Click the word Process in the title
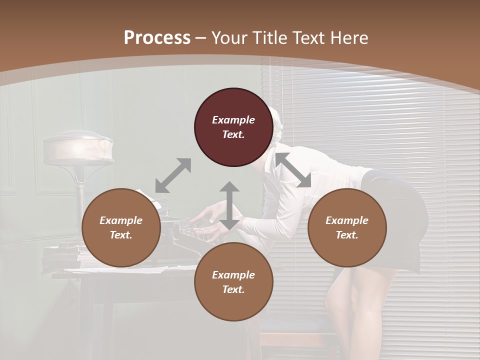[157, 38]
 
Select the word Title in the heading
[270, 38]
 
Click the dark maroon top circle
[233, 127]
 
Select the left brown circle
[121, 227]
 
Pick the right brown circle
[347, 227]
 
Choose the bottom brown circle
[233, 282]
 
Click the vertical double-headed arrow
[229, 205]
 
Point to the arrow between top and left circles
[173, 175]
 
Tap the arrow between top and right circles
[293, 169]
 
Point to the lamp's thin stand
[79, 200]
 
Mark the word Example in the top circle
[233, 120]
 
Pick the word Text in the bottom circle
[233, 289]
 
